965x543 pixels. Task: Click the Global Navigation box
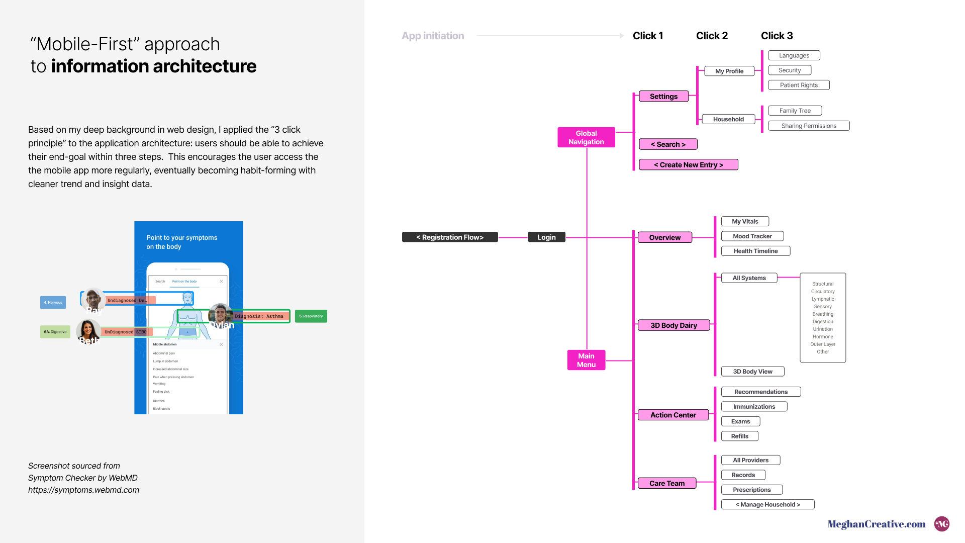click(586, 137)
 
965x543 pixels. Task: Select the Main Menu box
click(586, 360)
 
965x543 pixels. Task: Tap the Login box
click(546, 237)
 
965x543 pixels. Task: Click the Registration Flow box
click(450, 237)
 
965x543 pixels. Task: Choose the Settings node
click(663, 97)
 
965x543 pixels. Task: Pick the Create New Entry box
click(688, 165)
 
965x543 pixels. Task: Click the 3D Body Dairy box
click(673, 325)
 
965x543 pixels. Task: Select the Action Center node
click(673, 415)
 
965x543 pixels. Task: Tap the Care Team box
click(666, 483)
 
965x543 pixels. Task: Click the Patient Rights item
click(799, 85)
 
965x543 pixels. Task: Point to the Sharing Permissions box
click(809, 126)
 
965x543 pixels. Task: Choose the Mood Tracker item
click(752, 236)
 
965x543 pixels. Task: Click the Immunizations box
click(754, 407)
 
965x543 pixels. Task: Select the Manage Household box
click(767, 504)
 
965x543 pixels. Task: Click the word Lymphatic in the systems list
click(823, 299)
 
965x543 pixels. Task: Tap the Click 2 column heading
click(712, 36)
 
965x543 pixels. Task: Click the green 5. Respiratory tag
click(311, 316)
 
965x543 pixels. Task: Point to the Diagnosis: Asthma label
click(259, 316)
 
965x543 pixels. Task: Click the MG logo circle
click(941, 524)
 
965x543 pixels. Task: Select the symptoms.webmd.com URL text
click(83, 490)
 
